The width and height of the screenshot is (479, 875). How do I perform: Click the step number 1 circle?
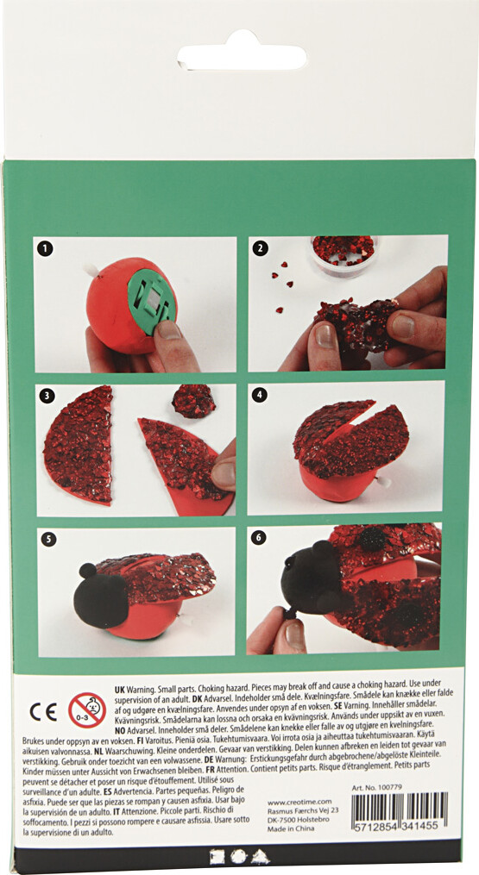(x=46, y=249)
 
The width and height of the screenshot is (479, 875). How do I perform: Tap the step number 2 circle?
(x=259, y=249)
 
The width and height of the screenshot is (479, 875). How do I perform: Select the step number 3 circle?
(x=47, y=397)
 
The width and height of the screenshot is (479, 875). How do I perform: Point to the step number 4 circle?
(x=259, y=396)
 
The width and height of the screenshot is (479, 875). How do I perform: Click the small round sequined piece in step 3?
(x=193, y=401)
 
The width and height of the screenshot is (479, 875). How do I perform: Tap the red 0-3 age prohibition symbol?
(x=86, y=709)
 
